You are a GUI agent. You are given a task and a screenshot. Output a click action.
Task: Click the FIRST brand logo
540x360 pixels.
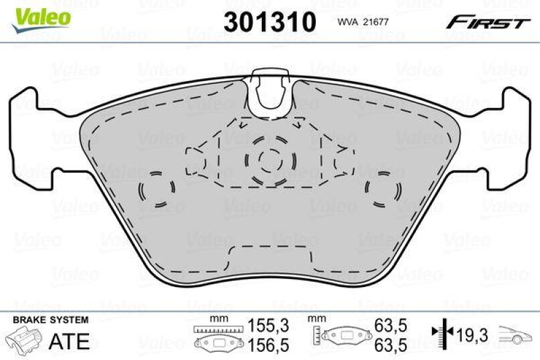pos(487,22)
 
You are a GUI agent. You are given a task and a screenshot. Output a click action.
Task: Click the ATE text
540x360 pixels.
pos(70,341)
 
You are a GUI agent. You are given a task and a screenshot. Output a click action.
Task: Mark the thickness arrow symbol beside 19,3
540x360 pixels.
pos(441,332)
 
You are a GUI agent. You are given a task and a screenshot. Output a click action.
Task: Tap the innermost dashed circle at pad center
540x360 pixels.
pos(269,159)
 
